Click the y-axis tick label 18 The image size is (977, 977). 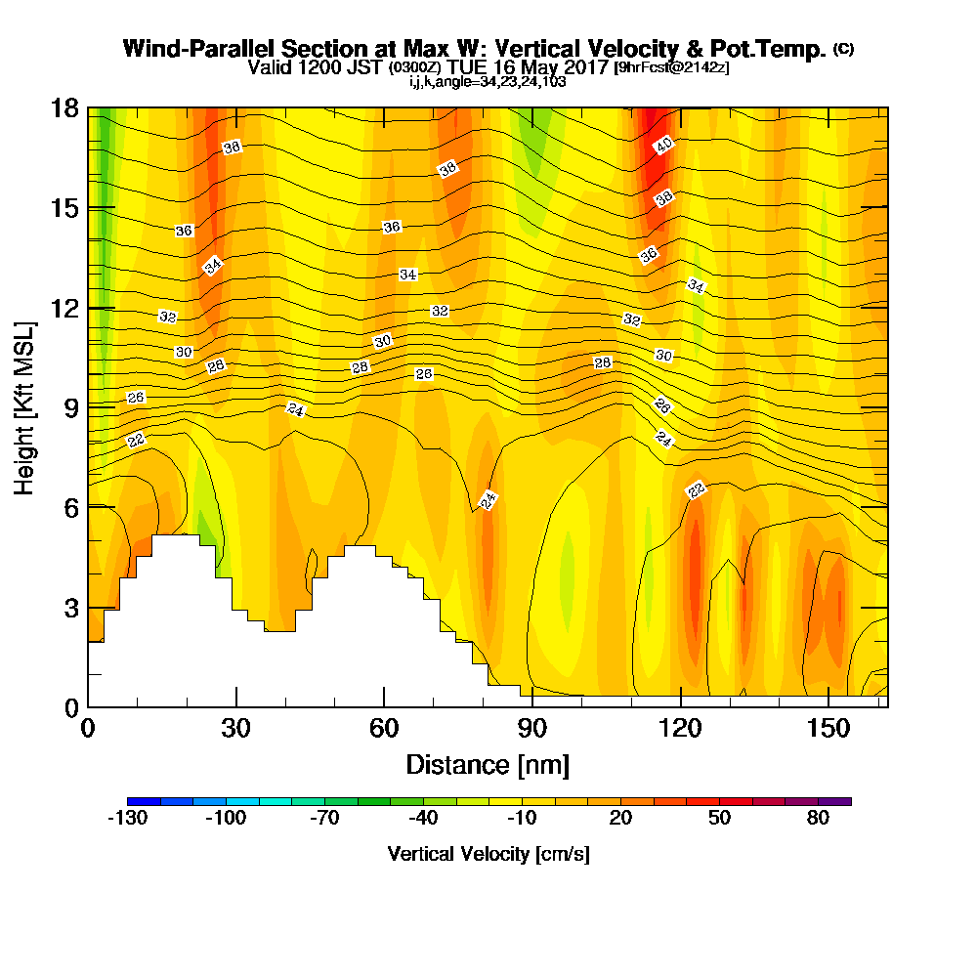(64, 108)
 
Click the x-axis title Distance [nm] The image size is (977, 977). (488, 764)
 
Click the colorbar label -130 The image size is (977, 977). (126, 819)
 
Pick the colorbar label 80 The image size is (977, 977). (818, 819)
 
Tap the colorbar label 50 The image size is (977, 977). (719, 819)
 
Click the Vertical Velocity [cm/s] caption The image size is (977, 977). (488, 854)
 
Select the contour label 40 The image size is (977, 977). (664, 146)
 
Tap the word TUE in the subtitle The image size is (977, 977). (466, 67)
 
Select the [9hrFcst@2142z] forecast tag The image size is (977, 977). (670, 67)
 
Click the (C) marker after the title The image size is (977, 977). (843, 49)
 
